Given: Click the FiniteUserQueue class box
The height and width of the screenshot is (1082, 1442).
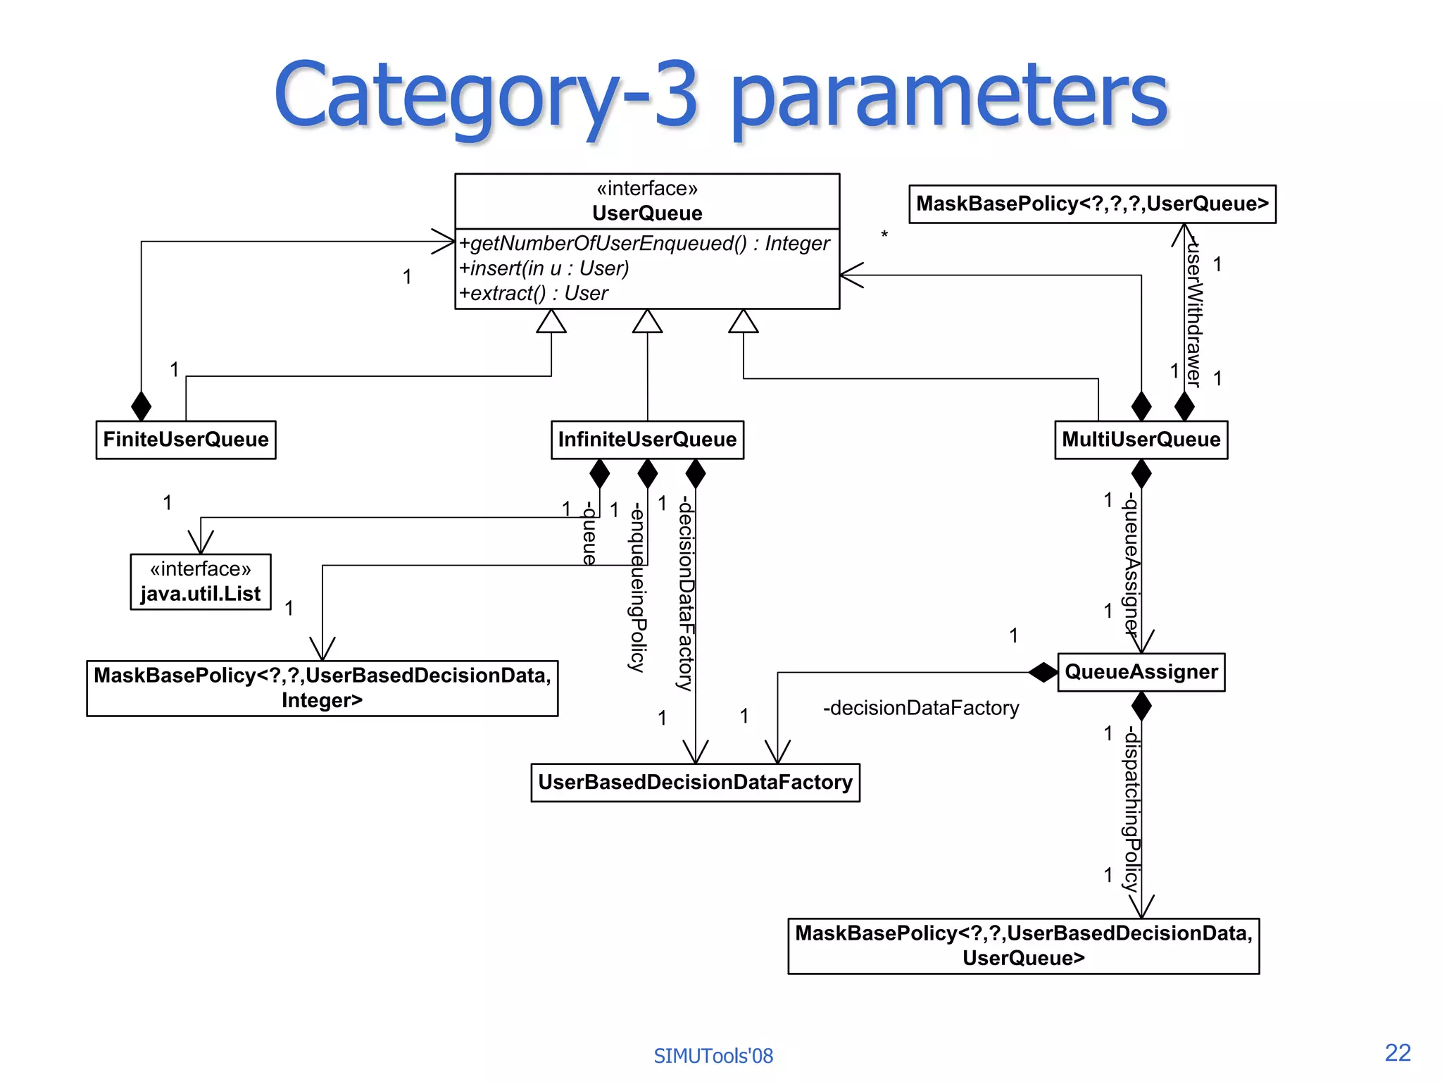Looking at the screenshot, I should click(186, 440).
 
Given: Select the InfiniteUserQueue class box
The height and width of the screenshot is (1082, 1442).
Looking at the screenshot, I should click(647, 440).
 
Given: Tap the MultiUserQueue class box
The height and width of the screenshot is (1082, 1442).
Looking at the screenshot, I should click(1141, 440).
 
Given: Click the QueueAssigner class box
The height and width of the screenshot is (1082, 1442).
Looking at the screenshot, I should click(1141, 672).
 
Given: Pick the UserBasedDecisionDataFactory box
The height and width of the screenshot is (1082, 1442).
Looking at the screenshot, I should click(695, 782).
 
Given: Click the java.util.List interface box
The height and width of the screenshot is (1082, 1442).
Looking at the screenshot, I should click(201, 582).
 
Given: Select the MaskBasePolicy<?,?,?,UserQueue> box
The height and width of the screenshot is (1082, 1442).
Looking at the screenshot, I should click(1092, 204).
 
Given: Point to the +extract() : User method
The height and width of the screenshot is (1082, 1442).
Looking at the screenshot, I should click(534, 293).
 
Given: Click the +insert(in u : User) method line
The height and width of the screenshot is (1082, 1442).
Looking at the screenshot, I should click(544, 268).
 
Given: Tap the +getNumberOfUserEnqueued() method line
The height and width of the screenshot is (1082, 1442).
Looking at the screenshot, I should click(644, 244).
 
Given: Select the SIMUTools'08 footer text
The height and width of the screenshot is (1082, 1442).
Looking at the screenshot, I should click(713, 1056).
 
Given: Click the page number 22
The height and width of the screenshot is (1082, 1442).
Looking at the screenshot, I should click(1398, 1052).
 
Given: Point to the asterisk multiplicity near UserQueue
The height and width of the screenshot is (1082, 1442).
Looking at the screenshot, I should click(884, 235).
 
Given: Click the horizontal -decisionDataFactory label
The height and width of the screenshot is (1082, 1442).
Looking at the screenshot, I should click(921, 708).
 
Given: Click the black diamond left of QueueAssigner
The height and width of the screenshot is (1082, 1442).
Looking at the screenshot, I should click(1043, 672).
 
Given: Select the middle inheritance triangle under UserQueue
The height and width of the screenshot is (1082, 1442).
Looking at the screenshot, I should click(647, 321).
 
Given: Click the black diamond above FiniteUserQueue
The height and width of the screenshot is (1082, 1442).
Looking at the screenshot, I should click(142, 406).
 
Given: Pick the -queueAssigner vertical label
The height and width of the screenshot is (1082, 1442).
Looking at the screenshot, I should click(1131, 564).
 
